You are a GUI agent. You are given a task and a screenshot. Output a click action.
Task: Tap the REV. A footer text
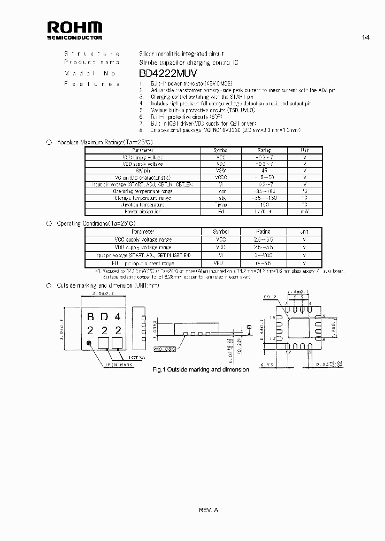click(209, 510)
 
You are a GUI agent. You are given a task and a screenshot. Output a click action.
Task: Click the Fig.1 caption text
click(201, 369)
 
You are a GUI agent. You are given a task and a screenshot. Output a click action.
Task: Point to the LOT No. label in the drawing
click(137, 357)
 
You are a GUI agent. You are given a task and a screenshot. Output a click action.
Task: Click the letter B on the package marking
click(90, 318)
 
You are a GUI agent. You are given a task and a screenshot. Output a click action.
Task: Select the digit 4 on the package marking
click(118, 318)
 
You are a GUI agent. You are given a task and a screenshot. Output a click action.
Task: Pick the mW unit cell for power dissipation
click(304, 212)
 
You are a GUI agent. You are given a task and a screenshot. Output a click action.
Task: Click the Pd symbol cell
click(221, 212)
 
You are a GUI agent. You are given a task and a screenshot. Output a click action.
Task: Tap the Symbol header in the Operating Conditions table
click(221, 232)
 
